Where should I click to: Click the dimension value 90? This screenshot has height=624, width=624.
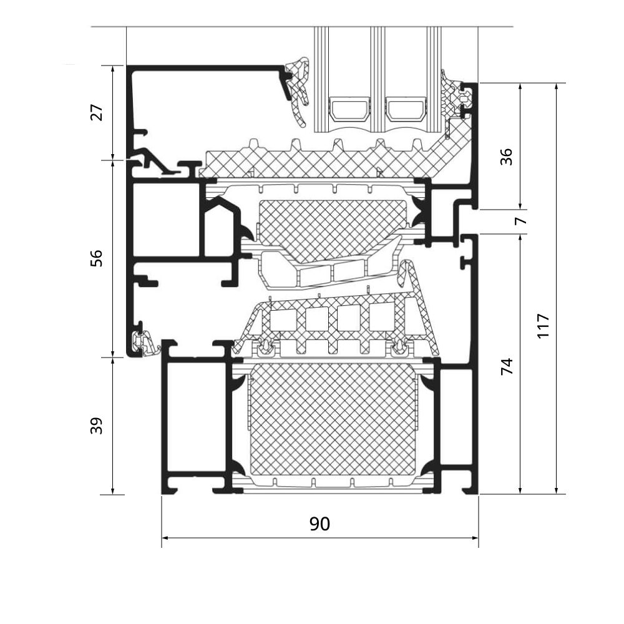319,524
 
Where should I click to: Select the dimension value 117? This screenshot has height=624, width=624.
542,326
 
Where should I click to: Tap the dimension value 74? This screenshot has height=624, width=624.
507,366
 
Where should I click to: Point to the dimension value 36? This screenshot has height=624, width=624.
507,156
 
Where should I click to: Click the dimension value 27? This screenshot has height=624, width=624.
96,113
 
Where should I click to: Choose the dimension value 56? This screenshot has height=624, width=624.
96,258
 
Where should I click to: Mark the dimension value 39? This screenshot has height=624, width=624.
96,426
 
